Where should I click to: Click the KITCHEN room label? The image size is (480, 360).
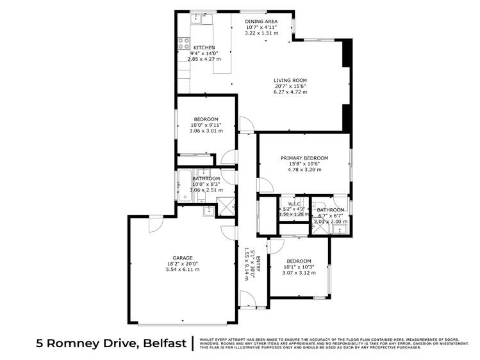point(204,47)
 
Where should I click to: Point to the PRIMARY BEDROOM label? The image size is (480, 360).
point(304,158)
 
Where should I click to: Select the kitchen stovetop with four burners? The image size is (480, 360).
point(183,45)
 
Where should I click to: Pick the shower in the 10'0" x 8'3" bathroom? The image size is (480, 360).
point(225,206)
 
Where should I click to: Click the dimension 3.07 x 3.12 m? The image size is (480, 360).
point(299,272)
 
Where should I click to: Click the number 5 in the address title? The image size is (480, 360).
point(40,344)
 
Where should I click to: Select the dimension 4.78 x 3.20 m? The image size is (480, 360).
point(304,170)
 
